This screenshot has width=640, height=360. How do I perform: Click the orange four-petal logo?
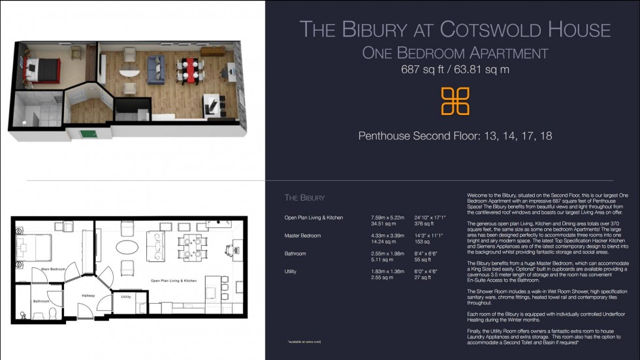click(x=455, y=101)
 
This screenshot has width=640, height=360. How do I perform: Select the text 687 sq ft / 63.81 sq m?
click(x=455, y=69)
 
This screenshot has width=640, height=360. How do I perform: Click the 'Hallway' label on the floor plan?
click(x=88, y=295)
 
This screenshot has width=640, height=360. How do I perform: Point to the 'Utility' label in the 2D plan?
click(x=126, y=297)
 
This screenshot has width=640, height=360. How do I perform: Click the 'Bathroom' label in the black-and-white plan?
click(x=42, y=301)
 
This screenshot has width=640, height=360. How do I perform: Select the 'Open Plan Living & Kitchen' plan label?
click(x=173, y=280)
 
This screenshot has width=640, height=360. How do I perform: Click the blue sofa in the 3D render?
click(x=155, y=67)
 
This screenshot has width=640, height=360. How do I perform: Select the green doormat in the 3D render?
click(x=86, y=134)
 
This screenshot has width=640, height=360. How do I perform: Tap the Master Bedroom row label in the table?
click(x=303, y=235)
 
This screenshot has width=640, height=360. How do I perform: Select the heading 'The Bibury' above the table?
click(x=304, y=197)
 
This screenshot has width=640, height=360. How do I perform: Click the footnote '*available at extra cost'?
click(x=304, y=342)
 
